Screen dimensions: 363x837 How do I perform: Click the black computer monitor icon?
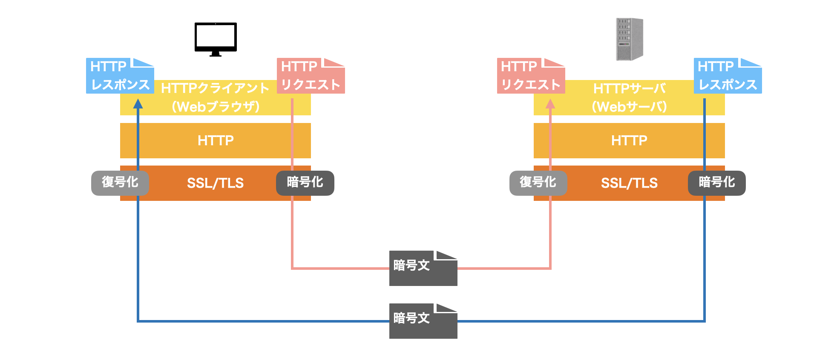tap(216, 39)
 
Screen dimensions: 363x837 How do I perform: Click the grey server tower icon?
tap(629, 39)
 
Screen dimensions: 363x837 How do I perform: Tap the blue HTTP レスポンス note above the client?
tap(120, 76)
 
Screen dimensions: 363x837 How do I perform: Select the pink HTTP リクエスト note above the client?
tap(311, 76)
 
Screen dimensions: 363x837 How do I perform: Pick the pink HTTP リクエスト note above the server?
tap(531, 76)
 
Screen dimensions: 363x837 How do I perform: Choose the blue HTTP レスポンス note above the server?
tap(728, 76)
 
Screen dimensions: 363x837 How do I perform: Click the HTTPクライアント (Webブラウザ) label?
tap(216, 97)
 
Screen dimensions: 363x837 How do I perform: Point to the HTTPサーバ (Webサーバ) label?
tap(629, 97)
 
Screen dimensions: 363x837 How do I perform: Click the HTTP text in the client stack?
tap(216, 140)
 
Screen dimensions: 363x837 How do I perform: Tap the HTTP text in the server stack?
tap(629, 140)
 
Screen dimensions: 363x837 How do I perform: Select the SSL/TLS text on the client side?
tap(216, 183)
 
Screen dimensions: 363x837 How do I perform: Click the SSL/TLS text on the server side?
tap(629, 183)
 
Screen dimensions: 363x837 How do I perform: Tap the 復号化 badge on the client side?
tap(120, 183)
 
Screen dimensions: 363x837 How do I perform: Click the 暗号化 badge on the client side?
tap(305, 183)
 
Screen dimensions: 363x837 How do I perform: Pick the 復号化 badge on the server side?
tap(538, 183)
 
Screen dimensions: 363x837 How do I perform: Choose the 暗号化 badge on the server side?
tap(717, 183)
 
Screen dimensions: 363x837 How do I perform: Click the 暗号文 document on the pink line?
tap(423, 268)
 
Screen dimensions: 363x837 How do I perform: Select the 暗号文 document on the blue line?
tap(423, 321)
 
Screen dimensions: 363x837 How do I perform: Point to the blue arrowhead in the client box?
tap(138, 104)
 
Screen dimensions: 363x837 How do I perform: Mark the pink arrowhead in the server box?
tap(550, 104)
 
